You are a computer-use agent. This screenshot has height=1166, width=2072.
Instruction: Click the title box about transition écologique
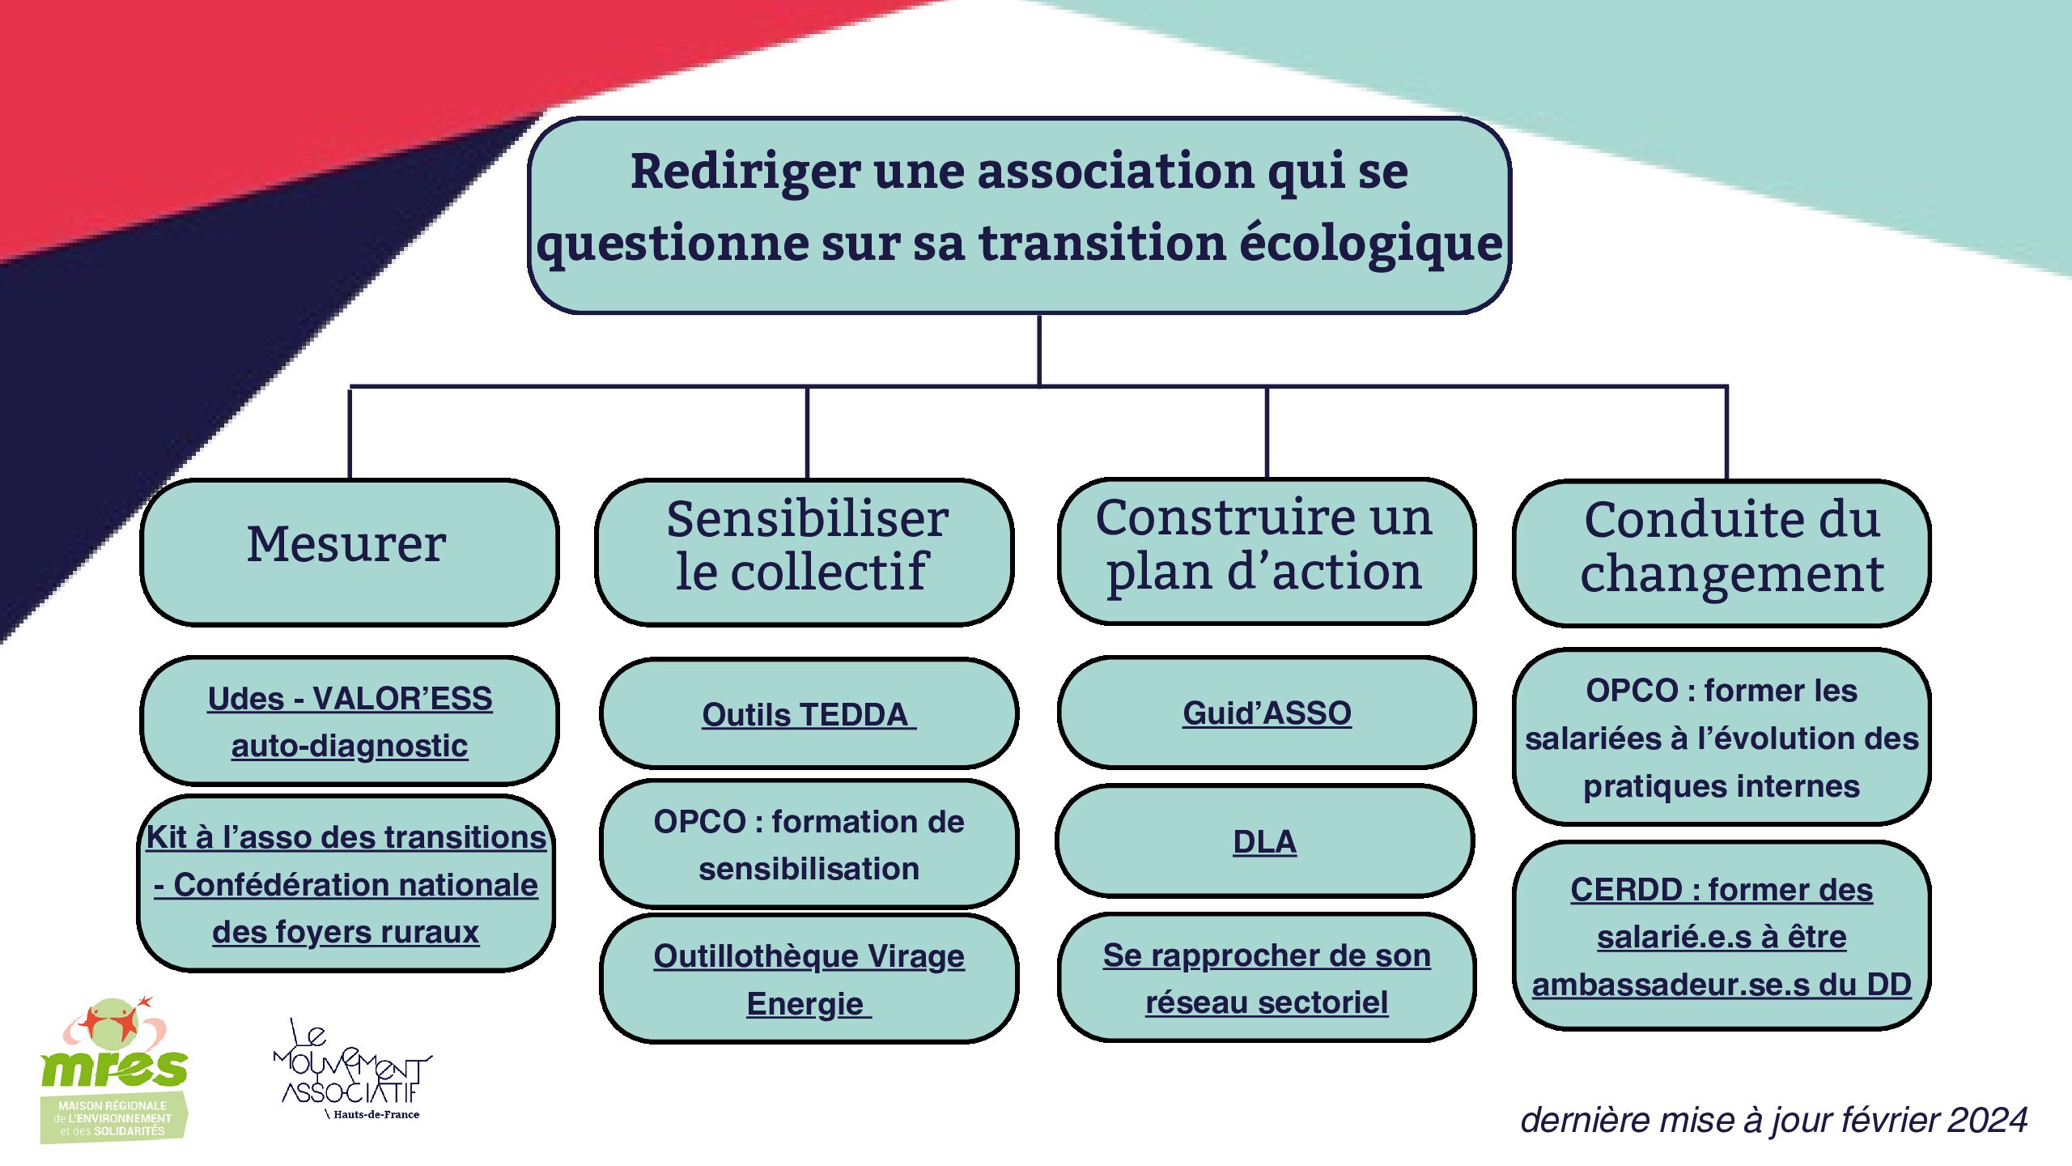point(1019,215)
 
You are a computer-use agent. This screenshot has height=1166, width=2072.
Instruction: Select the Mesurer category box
point(349,552)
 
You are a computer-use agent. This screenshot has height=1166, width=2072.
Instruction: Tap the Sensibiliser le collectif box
point(805,552)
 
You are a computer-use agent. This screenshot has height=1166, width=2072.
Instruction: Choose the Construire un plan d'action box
point(1267,551)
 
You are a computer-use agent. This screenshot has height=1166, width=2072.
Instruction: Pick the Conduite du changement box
point(1722,553)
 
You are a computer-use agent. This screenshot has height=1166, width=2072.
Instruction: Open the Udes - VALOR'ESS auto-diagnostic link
point(350,721)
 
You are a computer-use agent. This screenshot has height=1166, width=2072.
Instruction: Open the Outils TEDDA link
point(808,714)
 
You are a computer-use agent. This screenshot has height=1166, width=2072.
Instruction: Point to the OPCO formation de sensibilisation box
point(809,844)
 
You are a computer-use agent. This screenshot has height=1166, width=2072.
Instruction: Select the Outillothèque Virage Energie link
point(809,980)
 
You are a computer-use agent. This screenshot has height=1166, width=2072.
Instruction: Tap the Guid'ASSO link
point(1267,713)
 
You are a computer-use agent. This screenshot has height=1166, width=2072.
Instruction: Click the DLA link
point(1264,842)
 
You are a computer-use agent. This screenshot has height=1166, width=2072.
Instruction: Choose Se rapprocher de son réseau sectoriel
point(1267,978)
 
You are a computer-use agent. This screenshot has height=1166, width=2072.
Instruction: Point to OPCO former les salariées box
point(1722,737)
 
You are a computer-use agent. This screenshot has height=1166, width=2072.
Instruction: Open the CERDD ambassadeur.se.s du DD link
point(1722,937)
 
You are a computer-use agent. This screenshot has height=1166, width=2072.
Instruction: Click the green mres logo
point(113,1069)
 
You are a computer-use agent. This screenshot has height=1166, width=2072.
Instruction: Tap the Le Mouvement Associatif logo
point(353,1069)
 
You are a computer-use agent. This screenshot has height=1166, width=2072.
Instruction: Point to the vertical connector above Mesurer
point(350,433)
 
